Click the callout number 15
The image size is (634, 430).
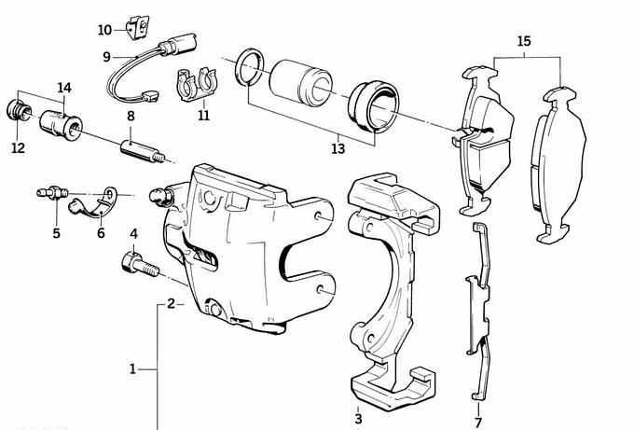point(523,41)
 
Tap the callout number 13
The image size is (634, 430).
point(338,148)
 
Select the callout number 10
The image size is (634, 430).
point(104,30)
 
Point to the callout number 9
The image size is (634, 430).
point(107,57)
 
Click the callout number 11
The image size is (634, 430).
point(203,117)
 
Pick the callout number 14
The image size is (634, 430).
point(63,89)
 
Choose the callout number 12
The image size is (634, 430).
point(19,147)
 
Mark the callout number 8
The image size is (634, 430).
point(131,117)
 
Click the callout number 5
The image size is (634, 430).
point(56,233)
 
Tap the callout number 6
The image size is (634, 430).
point(101,233)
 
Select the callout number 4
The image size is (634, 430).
point(133,233)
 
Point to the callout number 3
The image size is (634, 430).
point(358,418)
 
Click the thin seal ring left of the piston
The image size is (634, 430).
point(247,69)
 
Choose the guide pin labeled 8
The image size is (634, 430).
point(140,149)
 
